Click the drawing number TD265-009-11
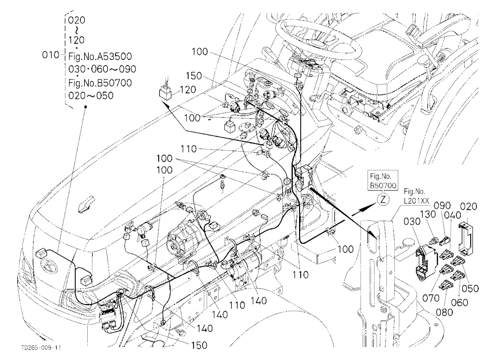[41, 348]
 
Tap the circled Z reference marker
[383, 199]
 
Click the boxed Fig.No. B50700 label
[383, 180]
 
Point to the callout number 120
[187, 90]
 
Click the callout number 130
[428, 214]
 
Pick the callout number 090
[442, 206]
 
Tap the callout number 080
[444, 312]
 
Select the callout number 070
[431, 298]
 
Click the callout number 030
[412, 221]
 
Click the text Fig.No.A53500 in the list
[100, 57]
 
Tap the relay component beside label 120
[166, 92]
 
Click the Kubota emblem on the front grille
[50, 266]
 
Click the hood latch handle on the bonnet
[86, 203]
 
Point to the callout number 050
[470, 288]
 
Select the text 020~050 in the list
[91, 96]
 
